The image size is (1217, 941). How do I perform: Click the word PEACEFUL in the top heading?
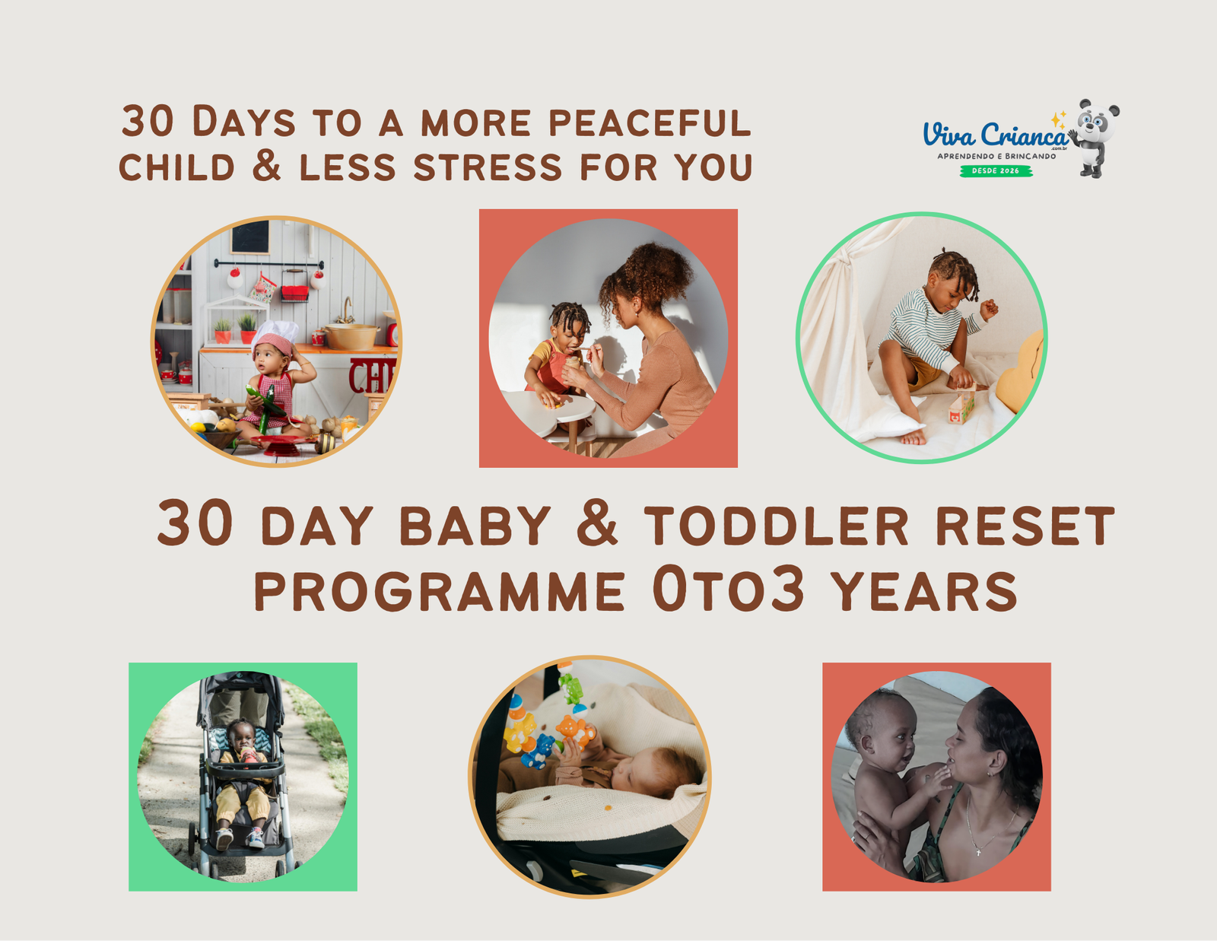click(649, 122)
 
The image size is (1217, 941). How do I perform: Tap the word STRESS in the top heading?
click(488, 167)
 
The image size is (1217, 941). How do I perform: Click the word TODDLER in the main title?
click(776, 525)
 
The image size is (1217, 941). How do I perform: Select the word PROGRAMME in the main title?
click(440, 591)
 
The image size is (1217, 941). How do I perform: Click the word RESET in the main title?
click(1025, 525)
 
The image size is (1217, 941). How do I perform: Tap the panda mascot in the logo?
click(1095, 137)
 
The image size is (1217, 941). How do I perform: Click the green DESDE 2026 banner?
click(996, 171)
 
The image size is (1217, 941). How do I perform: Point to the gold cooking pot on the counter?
click(351, 336)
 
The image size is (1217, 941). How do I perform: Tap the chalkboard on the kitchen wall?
click(250, 237)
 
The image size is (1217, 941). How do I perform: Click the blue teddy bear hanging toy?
click(539, 752)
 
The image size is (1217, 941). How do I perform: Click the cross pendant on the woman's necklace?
click(978, 852)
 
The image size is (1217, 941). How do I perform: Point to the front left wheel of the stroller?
click(214, 868)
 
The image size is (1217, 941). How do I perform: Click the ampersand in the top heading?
click(266, 166)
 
